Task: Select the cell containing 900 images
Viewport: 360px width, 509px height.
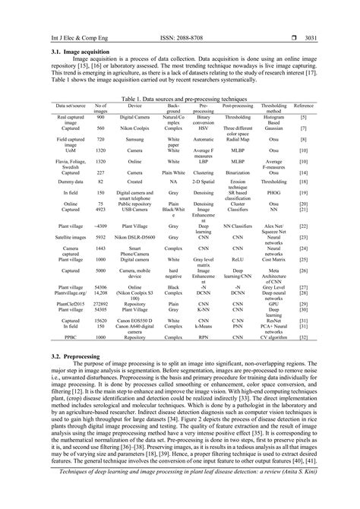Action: [100, 118]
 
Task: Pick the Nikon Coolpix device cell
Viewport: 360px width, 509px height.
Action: [134, 129]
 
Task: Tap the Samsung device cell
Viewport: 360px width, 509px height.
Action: [134, 141]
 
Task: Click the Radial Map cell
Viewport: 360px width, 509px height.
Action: [238, 141]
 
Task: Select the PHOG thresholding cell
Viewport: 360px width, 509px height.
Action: [273, 194]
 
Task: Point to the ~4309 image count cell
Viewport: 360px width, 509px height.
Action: [100, 226]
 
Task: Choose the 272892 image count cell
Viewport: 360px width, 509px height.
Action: [100, 302]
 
